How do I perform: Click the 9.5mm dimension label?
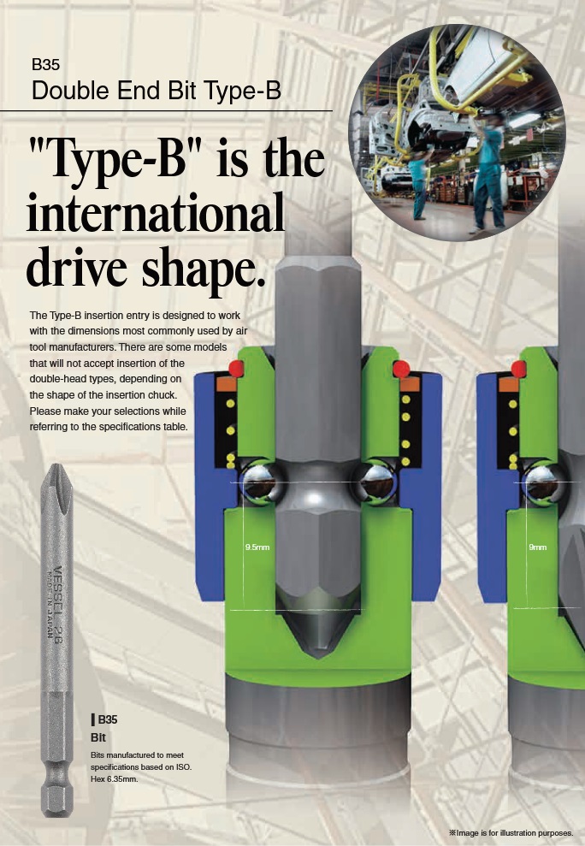257,547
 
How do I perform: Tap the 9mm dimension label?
537,547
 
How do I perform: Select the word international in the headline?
156,211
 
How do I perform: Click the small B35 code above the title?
45,64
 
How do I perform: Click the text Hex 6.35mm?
115,778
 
